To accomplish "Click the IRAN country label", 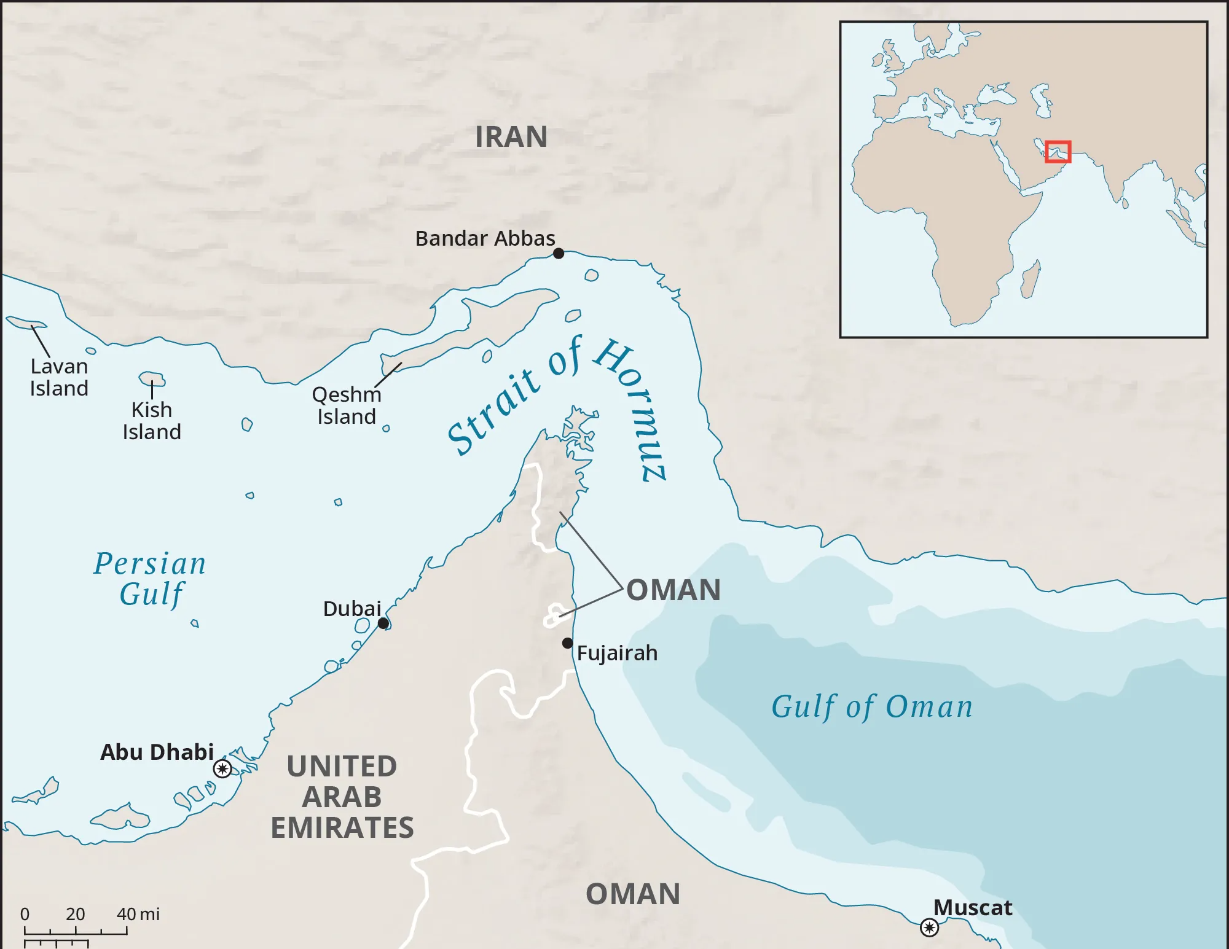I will tap(511, 136).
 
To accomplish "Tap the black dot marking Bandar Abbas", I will tap(559, 253).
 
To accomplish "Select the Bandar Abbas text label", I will tap(485, 238).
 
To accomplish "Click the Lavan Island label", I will tap(59, 377).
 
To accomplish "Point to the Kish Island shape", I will tap(152, 378).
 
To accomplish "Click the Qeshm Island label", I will tap(347, 405).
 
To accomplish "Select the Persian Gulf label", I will tap(150, 579).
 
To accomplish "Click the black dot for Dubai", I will tap(383, 623).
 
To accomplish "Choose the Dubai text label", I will tap(352, 609).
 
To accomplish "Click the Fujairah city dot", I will tap(567, 643).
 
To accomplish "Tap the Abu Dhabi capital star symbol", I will tap(222, 768).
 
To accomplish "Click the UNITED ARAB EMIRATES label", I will tap(342, 797).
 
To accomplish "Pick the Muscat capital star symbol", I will tap(929, 927).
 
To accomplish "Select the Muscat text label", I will tap(973, 907).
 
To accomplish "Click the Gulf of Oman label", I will tap(872, 707).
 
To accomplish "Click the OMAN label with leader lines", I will tap(673, 590).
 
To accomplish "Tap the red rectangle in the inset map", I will tap(1058, 152).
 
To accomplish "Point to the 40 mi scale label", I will tap(138, 914).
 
